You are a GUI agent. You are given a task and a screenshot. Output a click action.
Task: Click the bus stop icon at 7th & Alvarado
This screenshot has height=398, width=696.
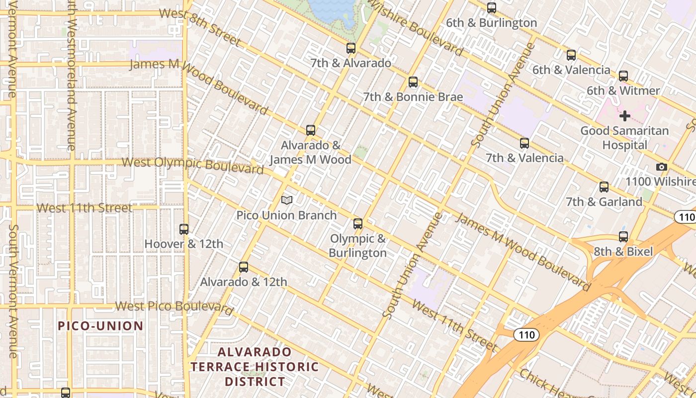click(x=351, y=48)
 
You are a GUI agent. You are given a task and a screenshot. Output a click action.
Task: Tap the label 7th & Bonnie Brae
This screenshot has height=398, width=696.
click(x=413, y=97)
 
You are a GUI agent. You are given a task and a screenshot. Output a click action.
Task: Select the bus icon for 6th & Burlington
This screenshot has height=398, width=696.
click(x=492, y=8)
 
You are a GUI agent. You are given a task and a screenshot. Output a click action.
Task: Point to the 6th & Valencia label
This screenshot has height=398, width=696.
click(x=571, y=70)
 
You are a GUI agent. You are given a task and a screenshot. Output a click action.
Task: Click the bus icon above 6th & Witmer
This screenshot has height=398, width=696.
click(x=623, y=76)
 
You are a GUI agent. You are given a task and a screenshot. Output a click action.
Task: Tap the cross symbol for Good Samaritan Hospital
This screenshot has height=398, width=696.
click(x=625, y=116)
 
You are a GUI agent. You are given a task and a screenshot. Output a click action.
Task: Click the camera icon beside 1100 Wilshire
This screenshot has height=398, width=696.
click(x=661, y=167)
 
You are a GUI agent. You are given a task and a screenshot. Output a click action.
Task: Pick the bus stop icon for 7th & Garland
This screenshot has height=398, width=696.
click(x=604, y=187)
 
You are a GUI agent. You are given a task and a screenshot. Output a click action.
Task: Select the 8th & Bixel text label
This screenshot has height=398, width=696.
click(x=623, y=252)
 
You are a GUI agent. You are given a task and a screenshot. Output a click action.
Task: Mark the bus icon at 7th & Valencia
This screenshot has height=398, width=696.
click(x=524, y=143)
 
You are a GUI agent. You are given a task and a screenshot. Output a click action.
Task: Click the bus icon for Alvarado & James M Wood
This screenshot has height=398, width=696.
click(x=311, y=130)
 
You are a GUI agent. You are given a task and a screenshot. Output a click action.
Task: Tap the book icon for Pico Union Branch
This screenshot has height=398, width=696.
click(x=287, y=200)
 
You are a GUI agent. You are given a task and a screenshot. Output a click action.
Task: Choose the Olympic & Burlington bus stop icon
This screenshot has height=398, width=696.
click(x=358, y=224)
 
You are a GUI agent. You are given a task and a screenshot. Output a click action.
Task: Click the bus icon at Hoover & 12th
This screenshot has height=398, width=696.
click(x=184, y=229)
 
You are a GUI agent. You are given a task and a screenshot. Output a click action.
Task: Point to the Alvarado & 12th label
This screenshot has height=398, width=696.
click(x=244, y=282)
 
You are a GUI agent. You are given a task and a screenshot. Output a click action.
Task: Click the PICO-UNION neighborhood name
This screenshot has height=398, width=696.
click(x=100, y=326)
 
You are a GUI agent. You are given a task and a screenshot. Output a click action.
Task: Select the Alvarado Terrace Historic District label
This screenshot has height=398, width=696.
click(x=255, y=367)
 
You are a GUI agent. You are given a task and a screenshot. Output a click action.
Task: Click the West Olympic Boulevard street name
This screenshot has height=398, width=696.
click(x=192, y=165)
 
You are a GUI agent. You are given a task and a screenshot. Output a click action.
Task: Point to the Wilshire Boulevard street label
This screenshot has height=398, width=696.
click(x=415, y=27)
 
